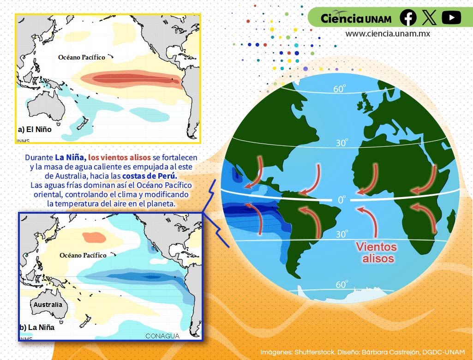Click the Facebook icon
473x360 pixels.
(408, 18)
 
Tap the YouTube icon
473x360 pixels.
(451, 18)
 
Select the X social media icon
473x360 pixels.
(429, 18)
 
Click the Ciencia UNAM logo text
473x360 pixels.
(356, 18)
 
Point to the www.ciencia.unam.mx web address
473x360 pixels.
(388, 34)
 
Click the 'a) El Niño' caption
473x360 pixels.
(35, 130)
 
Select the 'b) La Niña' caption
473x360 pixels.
(37, 328)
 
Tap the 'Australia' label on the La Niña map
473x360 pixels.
(48, 305)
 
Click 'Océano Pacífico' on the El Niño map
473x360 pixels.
(82, 57)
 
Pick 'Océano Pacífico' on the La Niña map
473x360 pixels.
(83, 255)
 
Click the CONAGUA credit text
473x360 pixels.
(162, 336)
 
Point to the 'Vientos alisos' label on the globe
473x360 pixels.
(377, 252)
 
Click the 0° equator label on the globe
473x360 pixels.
(341, 200)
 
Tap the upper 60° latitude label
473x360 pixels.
(340, 89)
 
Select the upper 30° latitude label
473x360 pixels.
(341, 143)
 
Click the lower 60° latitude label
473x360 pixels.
(341, 285)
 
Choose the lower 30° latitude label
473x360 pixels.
(341, 234)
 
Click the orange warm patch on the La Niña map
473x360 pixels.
(95, 237)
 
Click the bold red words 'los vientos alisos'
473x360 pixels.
(120, 157)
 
